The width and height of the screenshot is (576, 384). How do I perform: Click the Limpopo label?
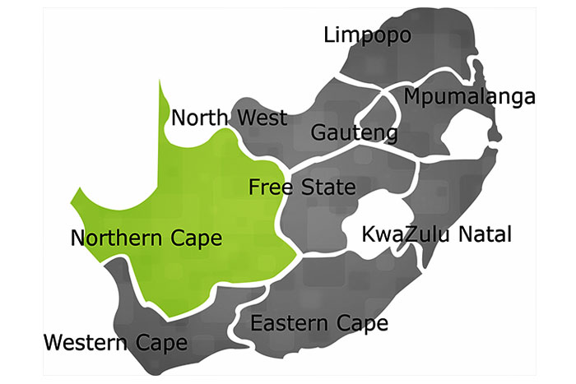click(367, 35)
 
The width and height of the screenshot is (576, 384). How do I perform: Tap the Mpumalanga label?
click(470, 97)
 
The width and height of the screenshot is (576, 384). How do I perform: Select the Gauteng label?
click(355, 132)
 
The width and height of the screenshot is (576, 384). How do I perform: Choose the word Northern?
click(117, 238)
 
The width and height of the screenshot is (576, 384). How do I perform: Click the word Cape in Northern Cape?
click(195, 239)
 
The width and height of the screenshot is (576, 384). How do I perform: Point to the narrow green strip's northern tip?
click(160, 82)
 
